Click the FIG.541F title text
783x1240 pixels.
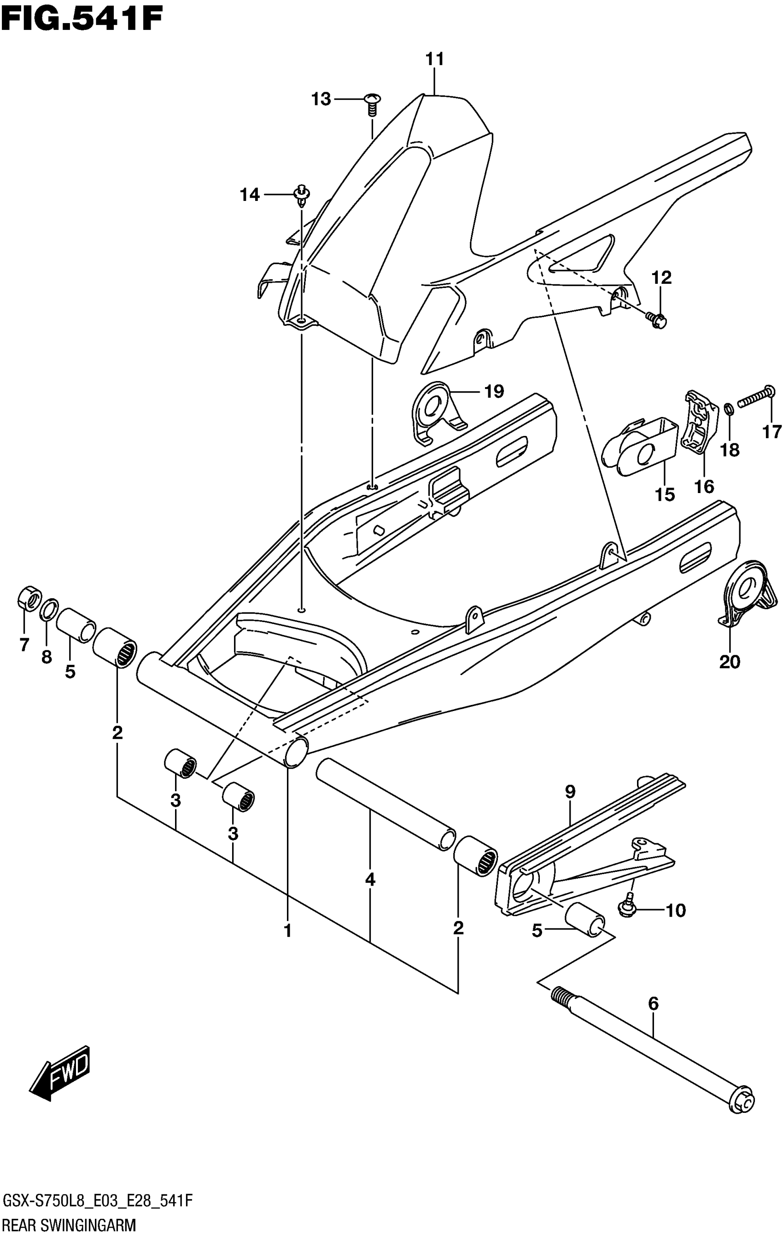(82, 19)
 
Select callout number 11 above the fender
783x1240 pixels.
(434, 59)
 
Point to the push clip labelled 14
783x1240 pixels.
(301, 195)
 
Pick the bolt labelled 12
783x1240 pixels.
(657, 320)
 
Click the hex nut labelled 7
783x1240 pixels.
(28, 597)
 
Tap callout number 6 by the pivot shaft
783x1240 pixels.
(653, 1004)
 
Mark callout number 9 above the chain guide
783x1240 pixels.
(570, 792)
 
